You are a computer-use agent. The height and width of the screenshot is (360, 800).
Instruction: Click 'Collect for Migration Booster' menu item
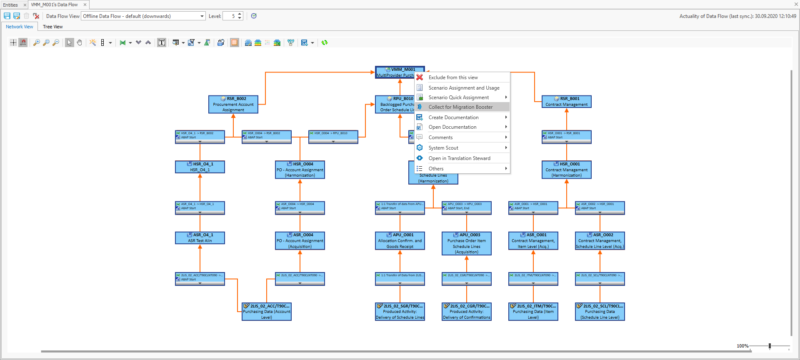tap(460, 107)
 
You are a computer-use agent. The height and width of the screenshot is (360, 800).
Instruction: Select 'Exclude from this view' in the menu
tap(453, 77)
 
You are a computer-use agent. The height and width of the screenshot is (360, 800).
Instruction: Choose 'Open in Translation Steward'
tap(459, 158)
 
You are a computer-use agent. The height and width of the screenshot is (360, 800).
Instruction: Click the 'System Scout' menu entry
tap(443, 148)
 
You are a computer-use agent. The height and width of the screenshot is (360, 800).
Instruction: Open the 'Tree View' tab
tap(52, 27)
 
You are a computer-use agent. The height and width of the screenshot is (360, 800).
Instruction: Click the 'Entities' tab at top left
tap(10, 5)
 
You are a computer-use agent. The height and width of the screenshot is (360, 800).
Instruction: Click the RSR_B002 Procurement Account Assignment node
tap(233, 105)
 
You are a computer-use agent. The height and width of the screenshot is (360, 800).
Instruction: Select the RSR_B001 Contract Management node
tap(566, 102)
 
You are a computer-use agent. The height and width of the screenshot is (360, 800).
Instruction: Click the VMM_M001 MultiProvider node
tap(395, 72)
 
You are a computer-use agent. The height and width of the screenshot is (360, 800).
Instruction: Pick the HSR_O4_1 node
tap(200, 167)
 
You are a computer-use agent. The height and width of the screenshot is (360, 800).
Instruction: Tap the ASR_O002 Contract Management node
tap(600, 241)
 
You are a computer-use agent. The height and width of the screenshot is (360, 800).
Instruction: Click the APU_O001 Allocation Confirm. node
tap(400, 241)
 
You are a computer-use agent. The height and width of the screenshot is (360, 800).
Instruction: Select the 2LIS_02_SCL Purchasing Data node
tap(600, 312)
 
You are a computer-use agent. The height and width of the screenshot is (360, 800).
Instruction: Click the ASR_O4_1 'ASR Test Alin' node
tap(200, 238)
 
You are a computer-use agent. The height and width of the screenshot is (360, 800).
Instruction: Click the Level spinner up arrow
tap(240, 14)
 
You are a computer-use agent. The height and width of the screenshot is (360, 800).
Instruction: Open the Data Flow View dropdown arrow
tap(202, 16)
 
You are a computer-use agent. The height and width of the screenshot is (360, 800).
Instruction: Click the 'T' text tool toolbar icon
tap(162, 42)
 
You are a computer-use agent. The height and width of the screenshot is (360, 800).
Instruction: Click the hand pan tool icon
tap(80, 42)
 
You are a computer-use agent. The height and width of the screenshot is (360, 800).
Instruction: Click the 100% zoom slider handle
tap(770, 346)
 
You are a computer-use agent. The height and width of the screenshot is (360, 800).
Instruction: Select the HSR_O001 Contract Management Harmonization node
tap(566, 170)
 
